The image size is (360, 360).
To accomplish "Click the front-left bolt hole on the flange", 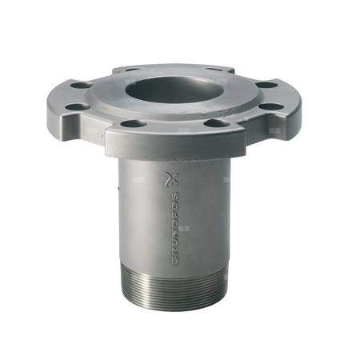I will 133,124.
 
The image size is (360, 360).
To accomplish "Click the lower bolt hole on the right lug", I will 272,105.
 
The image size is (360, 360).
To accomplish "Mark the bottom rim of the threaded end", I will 177,307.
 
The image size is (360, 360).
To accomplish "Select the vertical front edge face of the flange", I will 172,145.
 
